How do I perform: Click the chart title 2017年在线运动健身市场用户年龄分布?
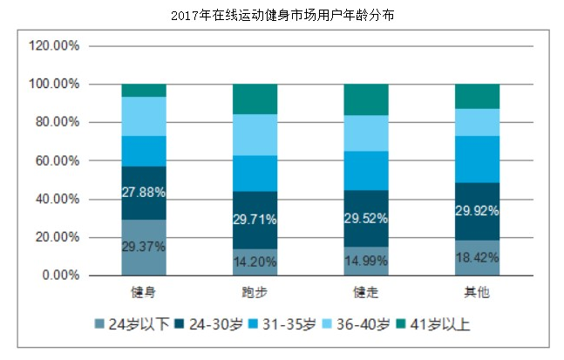click(x=282, y=15)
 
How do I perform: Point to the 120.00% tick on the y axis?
click(x=54, y=46)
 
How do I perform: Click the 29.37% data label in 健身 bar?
click(x=144, y=247)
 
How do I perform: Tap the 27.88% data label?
click(x=144, y=192)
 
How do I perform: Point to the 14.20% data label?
click(x=255, y=261)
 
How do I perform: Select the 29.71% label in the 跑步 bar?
click(x=255, y=219)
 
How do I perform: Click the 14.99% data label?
click(x=366, y=261)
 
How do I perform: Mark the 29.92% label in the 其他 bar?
click(x=478, y=210)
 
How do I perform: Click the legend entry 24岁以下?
click(x=133, y=324)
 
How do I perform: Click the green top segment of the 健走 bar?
click(x=366, y=99)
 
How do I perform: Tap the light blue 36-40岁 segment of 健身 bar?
click(x=144, y=116)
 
